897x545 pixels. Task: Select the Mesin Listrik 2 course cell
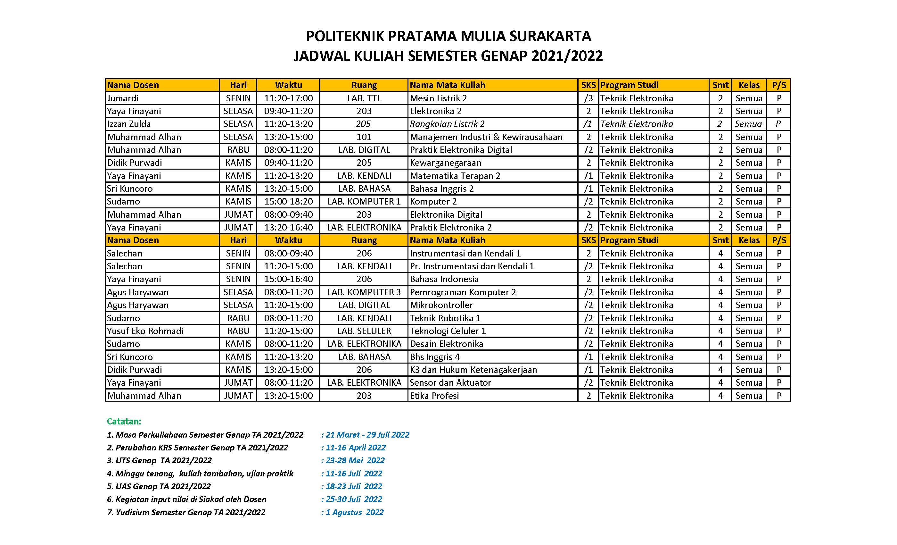[438, 98]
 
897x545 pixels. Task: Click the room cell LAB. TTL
[364, 98]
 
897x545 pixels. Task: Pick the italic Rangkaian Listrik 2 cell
[447, 124]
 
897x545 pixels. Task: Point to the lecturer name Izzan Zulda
[129, 124]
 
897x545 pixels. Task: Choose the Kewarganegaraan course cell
[446, 163]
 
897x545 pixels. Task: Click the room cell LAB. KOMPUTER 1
[364, 201]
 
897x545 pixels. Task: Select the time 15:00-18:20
[288, 201]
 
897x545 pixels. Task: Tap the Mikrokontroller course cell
[441, 305]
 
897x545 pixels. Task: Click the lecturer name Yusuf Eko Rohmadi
[145, 331]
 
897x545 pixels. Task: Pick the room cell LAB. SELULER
[364, 331]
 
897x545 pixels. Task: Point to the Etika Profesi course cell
[434, 396]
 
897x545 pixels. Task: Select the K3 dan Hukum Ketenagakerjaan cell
[473, 370]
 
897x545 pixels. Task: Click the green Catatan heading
[124, 422]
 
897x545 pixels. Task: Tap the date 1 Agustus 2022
[354, 512]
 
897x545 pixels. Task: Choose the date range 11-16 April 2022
[355, 447]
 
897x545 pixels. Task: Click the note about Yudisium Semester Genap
[186, 512]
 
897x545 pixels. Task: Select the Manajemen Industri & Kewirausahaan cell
[486, 137]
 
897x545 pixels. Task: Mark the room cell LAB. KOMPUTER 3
[364, 292]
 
